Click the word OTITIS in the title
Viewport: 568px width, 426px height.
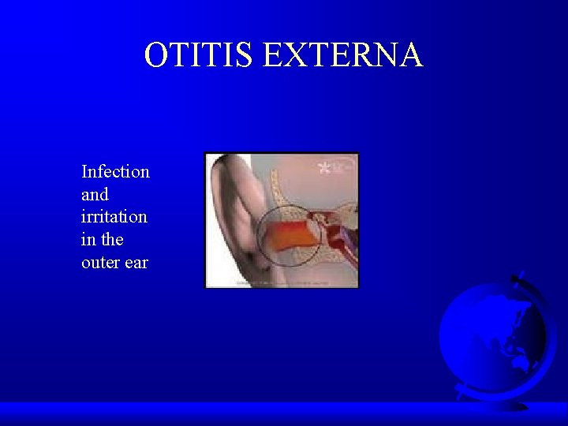(x=199, y=55)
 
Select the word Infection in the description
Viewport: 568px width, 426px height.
(x=115, y=171)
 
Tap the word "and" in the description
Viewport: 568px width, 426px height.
(x=95, y=194)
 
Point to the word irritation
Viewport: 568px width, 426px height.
(x=114, y=216)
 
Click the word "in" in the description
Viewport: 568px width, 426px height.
(x=88, y=239)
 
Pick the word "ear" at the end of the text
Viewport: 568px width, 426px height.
(x=135, y=262)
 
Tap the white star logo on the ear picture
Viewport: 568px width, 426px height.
(x=323, y=166)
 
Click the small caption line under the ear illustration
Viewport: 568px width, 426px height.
(x=281, y=282)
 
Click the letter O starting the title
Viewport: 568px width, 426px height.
(x=156, y=55)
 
